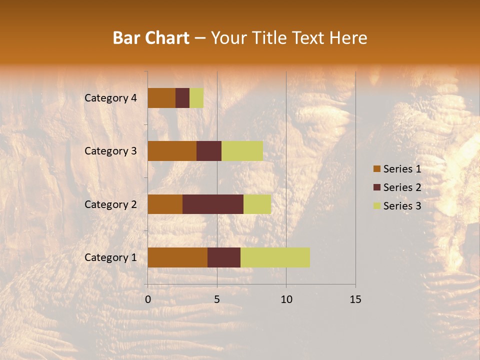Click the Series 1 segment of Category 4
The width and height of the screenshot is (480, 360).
point(161,98)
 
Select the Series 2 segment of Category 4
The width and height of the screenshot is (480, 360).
point(182,98)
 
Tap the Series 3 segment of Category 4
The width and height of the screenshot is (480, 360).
point(196,98)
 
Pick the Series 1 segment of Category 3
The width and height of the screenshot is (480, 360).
point(172,151)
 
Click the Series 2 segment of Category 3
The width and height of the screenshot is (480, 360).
point(209,151)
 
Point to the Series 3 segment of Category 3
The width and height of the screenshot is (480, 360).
point(242,151)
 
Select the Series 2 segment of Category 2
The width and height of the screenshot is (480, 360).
point(213,204)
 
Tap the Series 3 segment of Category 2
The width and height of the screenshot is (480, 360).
point(257,204)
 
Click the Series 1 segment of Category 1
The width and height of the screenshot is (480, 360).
point(177,257)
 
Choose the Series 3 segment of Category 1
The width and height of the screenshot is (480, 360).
point(275,257)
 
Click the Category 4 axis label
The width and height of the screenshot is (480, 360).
point(110,98)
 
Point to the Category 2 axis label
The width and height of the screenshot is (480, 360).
point(110,204)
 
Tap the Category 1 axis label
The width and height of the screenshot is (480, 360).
point(110,257)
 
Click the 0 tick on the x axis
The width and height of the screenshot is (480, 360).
point(148,299)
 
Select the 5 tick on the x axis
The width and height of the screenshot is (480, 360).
point(217,299)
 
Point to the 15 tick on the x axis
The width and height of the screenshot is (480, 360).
point(355,299)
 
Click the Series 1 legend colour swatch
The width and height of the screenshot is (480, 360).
point(376,169)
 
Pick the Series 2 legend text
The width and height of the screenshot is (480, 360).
point(402,187)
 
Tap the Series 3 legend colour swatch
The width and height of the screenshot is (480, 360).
point(376,206)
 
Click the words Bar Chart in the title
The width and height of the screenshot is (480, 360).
point(151,38)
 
